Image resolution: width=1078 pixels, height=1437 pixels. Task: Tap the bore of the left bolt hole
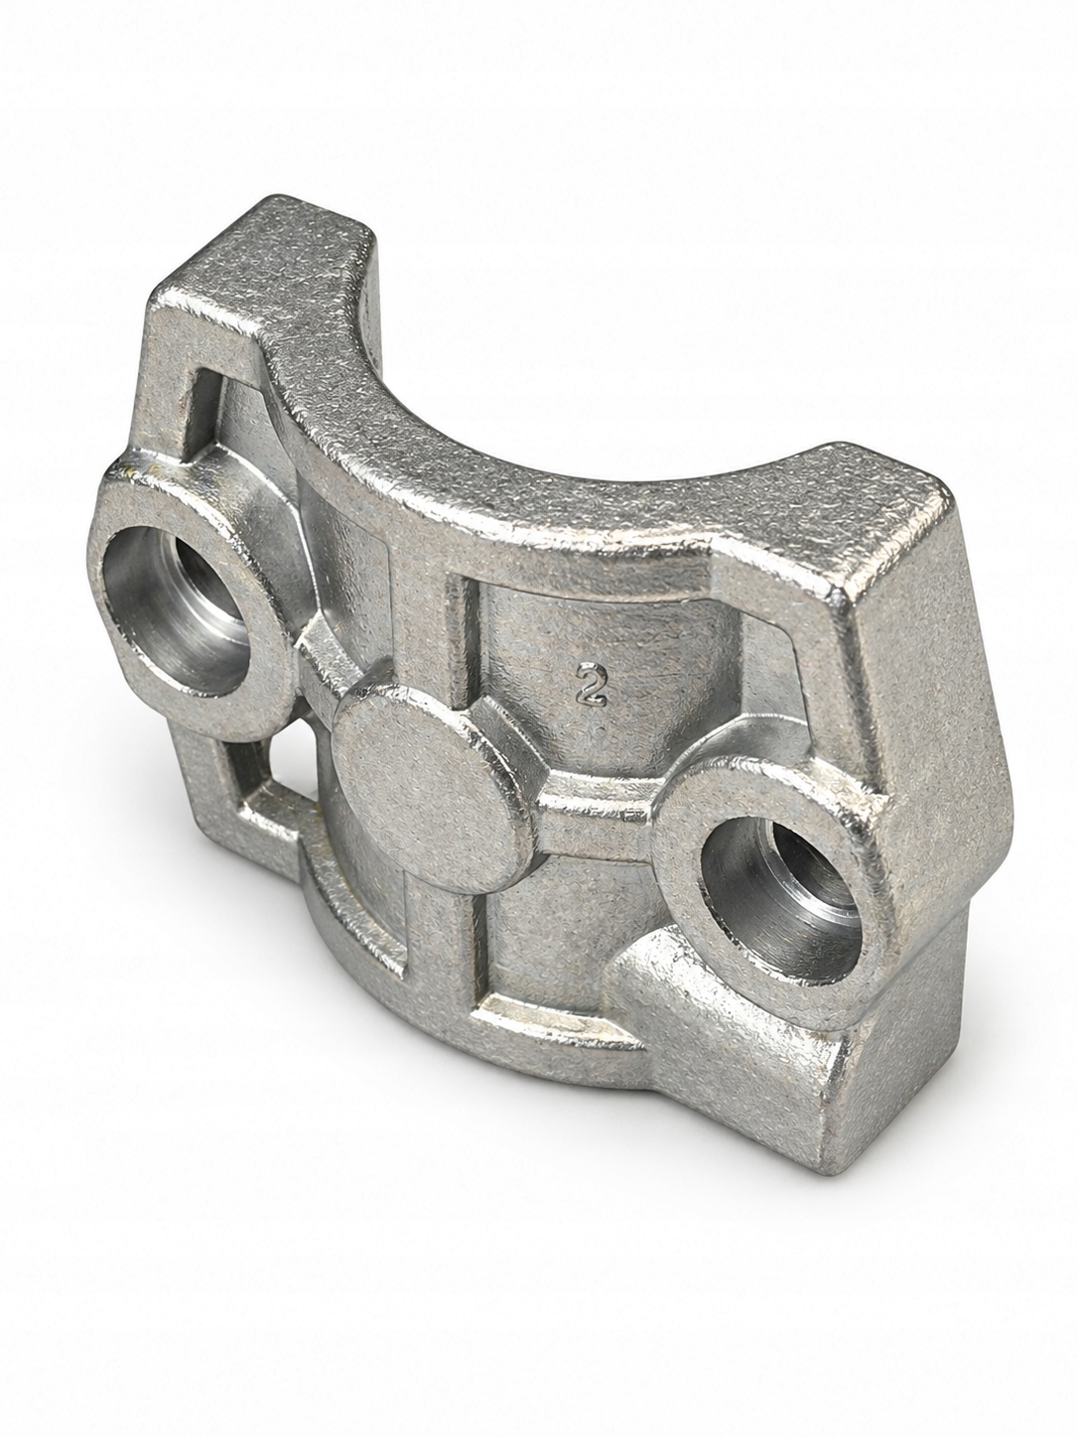click(186, 612)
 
